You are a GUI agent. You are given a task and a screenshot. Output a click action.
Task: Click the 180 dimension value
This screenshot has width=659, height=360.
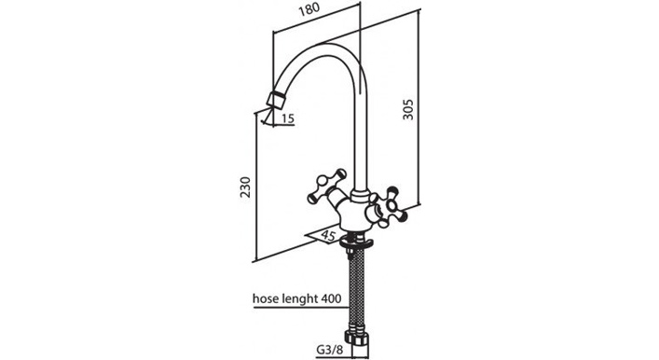tap(309, 10)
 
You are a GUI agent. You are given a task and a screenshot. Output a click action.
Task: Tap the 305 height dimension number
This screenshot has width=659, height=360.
tap(408, 110)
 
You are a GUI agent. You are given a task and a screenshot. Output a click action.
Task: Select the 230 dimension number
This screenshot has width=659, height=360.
tap(244, 187)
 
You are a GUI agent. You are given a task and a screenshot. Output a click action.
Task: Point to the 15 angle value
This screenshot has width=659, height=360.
tap(288, 118)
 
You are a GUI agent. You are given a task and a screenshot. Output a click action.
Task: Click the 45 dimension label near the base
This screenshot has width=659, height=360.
tap(328, 235)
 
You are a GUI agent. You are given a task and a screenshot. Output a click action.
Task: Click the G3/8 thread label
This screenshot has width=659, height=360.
tap(330, 350)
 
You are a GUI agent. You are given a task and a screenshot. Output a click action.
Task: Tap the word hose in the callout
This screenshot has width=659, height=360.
tap(264, 298)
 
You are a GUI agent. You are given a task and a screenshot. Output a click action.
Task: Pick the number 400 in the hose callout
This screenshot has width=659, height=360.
tap(331, 298)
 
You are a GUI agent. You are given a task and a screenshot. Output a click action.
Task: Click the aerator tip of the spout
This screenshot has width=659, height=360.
tap(276, 100)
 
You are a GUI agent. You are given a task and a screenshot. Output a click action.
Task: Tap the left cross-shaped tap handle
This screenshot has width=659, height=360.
tap(327, 187)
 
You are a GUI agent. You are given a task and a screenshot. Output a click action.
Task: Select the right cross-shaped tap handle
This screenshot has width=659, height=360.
tap(388, 207)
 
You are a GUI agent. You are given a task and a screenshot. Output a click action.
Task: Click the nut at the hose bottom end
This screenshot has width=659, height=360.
tap(356, 338)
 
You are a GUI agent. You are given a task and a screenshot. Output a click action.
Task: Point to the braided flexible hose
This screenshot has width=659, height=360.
tap(357, 290)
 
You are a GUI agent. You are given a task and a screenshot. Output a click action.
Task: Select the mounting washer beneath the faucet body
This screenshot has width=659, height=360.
tap(356, 243)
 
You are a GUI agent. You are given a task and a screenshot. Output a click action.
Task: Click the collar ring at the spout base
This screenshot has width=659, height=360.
tap(360, 195)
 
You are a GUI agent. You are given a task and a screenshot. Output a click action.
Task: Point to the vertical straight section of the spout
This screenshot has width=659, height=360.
tap(361, 139)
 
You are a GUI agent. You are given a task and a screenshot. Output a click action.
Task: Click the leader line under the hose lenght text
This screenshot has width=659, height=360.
tap(301, 308)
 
